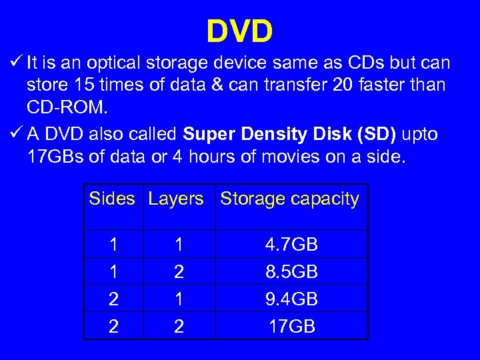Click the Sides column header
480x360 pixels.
click(112, 199)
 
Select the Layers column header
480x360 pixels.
click(176, 199)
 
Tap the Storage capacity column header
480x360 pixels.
click(289, 199)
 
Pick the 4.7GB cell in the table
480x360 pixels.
click(291, 245)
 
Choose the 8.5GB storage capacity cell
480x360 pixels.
click(291, 273)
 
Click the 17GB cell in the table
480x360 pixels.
click(291, 327)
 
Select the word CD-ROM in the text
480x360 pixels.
click(61, 107)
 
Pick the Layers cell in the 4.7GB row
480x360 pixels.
click(178, 245)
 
